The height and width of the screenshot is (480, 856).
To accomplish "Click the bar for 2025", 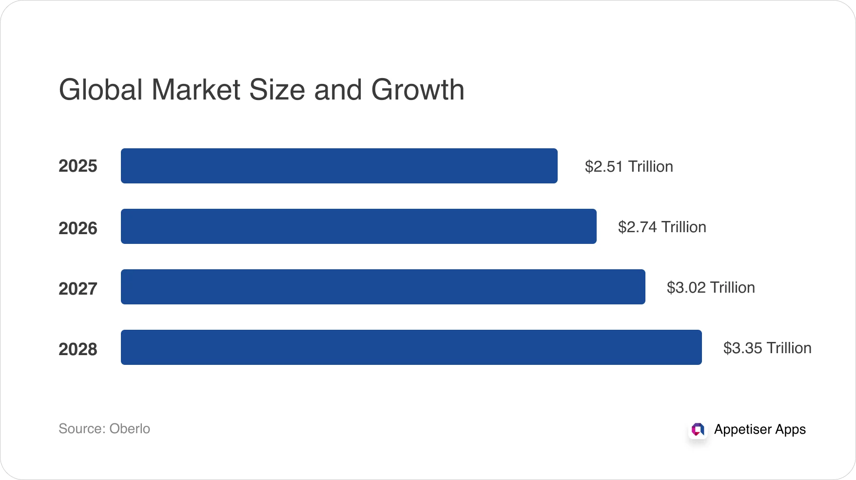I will point(339,166).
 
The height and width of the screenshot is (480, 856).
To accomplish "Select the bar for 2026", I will point(358,226).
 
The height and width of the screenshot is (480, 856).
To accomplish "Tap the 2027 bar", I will point(383,287).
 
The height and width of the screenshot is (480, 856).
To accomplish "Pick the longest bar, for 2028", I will point(411,347).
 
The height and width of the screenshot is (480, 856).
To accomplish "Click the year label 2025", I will point(78,166).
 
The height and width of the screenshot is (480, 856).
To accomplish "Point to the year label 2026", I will point(78,228).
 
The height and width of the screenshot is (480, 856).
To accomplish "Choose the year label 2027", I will point(78,289).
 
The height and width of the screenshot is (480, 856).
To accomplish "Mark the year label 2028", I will point(78,349).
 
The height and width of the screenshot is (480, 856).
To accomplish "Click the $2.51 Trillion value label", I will point(629,166).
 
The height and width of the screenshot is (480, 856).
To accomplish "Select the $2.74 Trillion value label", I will point(662,227).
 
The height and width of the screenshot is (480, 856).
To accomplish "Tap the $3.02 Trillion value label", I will point(711,287).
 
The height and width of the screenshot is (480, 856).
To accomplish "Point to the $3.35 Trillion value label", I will point(767,348).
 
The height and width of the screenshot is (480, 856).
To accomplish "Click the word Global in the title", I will point(101,90).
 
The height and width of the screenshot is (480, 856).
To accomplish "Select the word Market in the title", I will point(196,90).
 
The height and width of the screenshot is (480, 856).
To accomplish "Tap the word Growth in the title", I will point(418,91).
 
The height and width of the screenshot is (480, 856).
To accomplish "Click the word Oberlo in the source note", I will point(130,428).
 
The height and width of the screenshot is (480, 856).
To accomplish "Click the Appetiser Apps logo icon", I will point(698,429).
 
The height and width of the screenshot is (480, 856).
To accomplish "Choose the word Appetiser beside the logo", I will point(742,429).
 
